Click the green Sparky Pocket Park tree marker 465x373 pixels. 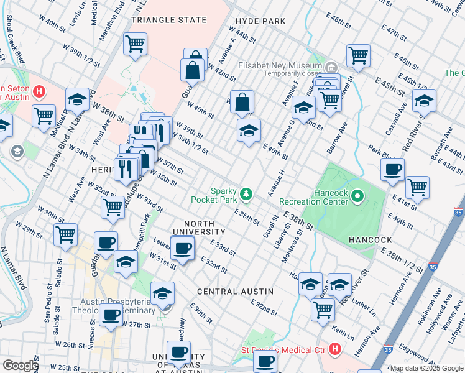[247, 194]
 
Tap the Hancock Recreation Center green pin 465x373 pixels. [357, 197]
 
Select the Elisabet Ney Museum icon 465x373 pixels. [331, 67]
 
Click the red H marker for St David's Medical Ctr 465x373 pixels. [336, 350]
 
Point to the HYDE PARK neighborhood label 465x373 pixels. [260, 21]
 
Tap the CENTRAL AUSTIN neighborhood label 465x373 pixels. [235, 291]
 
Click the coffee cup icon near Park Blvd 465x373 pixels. [393, 169]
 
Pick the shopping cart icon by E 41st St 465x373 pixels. [417, 186]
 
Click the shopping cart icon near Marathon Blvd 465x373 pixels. [135, 44]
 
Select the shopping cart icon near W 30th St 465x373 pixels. [65, 234]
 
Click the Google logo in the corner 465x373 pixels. [21, 366]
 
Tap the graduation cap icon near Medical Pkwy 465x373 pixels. [77, 99]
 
